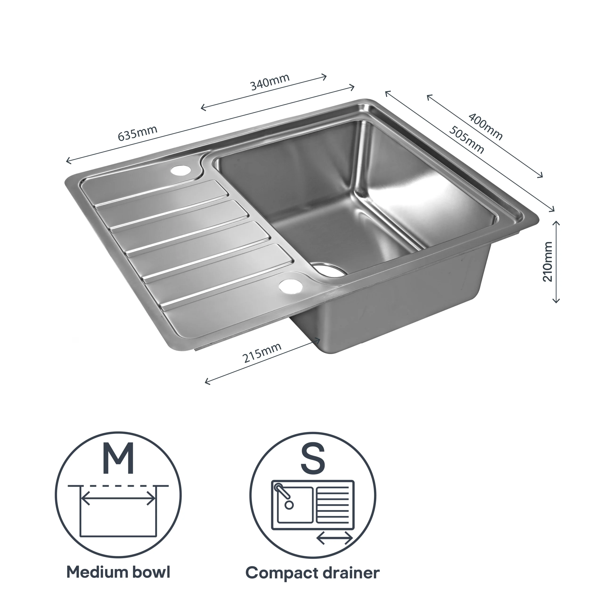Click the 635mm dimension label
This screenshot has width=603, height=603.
(137, 133)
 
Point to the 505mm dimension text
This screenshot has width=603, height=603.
(467, 140)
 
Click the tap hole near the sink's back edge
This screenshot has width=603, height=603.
(181, 170)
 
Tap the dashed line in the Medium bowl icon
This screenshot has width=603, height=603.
(118, 486)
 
